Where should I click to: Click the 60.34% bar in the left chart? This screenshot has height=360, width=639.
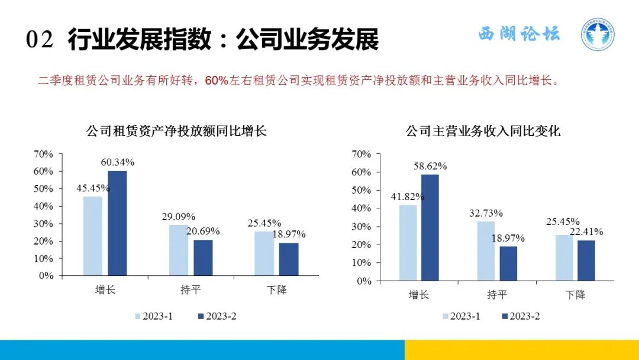pos(117,223)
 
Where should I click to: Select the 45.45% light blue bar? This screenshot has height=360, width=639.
pos(92,236)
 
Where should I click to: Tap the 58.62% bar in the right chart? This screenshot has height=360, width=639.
pos(430,227)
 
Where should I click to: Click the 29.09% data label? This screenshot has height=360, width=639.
pos(178,217)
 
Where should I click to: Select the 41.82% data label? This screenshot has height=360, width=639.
pos(406,197)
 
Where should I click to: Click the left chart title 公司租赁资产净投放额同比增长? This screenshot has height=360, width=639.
pos(176,131)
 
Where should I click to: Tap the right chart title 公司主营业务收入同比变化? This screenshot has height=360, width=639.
pos(483,131)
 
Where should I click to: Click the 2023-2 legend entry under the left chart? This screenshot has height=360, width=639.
pos(217,316)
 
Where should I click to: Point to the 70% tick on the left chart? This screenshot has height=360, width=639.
pos(44,154)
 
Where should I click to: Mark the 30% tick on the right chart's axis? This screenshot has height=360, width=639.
pos(362,227)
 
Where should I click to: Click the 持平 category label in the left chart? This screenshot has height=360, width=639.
pos(191,291)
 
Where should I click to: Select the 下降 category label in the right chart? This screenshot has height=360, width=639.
pos(575,295)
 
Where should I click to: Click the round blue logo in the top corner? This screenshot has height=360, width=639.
pos(596,34)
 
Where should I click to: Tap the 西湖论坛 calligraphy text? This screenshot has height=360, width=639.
pos(519,34)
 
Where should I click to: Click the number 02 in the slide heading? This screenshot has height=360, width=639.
pos(40,40)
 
